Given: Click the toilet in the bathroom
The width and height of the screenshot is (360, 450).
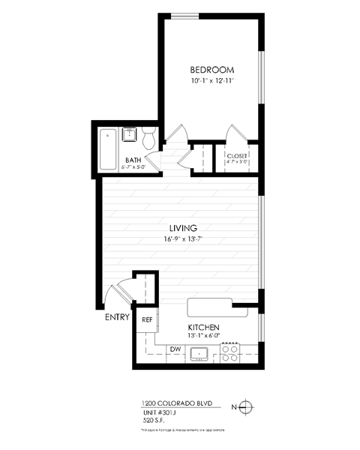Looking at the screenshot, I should (148, 139).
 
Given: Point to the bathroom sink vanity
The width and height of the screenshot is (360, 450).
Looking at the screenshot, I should (129, 136).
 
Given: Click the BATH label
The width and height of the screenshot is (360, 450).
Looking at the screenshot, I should (133, 160).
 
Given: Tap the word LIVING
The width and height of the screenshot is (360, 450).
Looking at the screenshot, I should (182, 228).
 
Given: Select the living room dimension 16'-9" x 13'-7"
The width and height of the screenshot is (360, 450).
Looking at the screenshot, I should (182, 239).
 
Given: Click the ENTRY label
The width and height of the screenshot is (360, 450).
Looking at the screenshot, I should (117, 317).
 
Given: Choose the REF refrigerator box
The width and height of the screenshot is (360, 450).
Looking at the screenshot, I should (147, 319).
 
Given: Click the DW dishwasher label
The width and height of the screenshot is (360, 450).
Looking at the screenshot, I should (174, 349).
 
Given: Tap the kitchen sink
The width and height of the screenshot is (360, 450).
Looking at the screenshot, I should (199, 353).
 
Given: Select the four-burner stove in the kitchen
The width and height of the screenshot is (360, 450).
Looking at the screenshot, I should (229, 352).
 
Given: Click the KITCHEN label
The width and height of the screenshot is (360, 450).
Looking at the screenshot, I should (203, 328).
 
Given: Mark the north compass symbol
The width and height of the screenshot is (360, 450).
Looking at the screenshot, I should (248, 407).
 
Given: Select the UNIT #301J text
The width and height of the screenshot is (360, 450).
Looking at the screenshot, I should (161, 412).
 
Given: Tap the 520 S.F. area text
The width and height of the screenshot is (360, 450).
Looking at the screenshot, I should (153, 421).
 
